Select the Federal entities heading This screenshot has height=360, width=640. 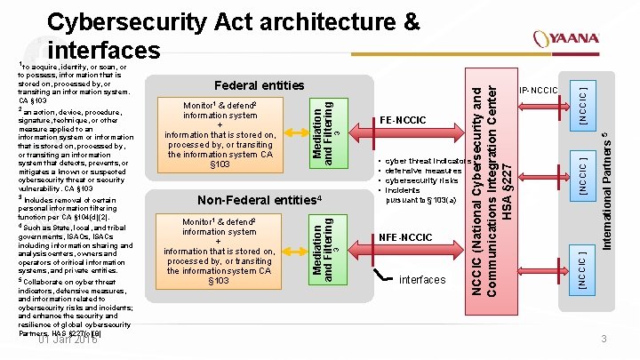[x=259, y=85]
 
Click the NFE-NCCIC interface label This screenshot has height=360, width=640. [x=405, y=237]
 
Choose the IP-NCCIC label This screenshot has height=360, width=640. [x=538, y=91]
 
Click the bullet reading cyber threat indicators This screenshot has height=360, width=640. [x=421, y=161]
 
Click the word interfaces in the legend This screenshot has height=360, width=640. [x=422, y=280]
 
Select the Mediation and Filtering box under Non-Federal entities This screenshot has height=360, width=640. [x=325, y=248]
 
